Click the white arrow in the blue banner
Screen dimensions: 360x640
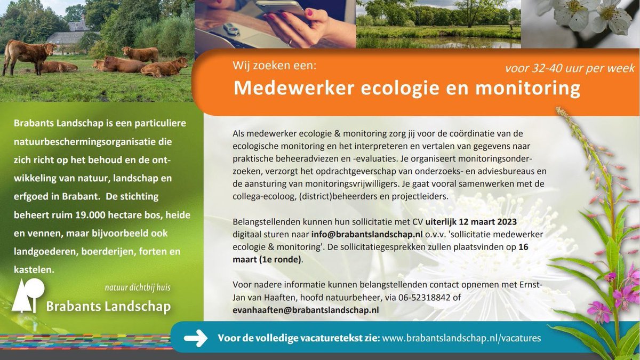[195, 338]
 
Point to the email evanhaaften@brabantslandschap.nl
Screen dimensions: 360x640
[306, 309]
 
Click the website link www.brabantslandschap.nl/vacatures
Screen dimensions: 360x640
[462, 338]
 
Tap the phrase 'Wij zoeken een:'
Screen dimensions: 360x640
[275, 66]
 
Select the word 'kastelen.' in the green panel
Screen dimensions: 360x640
[34, 270]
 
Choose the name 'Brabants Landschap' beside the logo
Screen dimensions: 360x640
[108, 306]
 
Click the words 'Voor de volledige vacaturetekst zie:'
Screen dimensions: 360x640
[298, 338]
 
